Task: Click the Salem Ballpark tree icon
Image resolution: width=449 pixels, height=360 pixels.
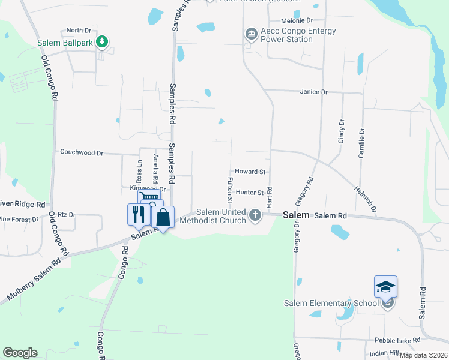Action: click(x=103, y=41)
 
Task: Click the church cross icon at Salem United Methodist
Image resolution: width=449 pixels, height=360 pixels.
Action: click(x=255, y=215)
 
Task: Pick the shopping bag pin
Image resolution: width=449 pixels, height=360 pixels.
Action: click(x=163, y=217)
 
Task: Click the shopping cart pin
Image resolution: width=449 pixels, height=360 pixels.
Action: click(x=149, y=198)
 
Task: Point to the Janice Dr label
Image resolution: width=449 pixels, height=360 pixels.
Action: click(x=315, y=92)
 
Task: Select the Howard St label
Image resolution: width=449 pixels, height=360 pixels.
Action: click(x=250, y=172)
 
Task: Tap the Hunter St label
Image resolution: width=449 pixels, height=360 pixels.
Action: click(x=250, y=193)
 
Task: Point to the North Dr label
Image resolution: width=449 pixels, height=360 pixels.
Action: click(x=79, y=30)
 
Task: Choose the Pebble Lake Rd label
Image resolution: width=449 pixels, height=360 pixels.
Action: click(x=397, y=340)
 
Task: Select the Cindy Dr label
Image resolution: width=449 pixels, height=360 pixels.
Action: click(x=342, y=131)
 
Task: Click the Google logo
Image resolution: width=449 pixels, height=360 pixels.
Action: click(x=20, y=353)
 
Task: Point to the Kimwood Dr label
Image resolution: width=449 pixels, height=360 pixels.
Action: click(x=130, y=188)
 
